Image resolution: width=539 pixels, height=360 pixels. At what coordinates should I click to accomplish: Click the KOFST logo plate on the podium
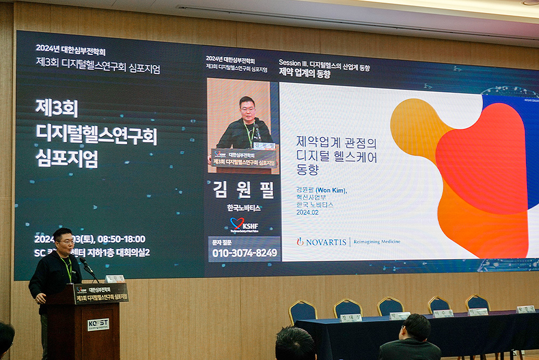(x=98, y=324)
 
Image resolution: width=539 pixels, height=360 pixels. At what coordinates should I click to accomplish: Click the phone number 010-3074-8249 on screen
(x=245, y=253)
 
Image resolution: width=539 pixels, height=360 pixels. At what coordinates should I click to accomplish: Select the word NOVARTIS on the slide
(x=326, y=242)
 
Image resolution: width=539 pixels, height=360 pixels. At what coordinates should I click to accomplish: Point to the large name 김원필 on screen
(x=244, y=190)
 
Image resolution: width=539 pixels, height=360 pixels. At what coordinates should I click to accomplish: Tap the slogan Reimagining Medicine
(x=377, y=242)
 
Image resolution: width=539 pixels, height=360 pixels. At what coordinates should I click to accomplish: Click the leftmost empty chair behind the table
(x=303, y=311)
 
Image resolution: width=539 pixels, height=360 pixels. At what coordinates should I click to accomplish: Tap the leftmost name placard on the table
(x=351, y=317)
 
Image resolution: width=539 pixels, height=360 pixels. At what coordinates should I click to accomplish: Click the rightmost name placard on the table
(x=526, y=309)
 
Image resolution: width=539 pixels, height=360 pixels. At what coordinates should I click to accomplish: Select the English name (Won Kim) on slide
(x=331, y=190)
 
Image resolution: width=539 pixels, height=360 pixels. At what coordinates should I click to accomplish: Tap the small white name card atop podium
(x=114, y=279)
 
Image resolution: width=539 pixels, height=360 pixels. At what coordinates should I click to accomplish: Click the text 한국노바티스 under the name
(x=244, y=207)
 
